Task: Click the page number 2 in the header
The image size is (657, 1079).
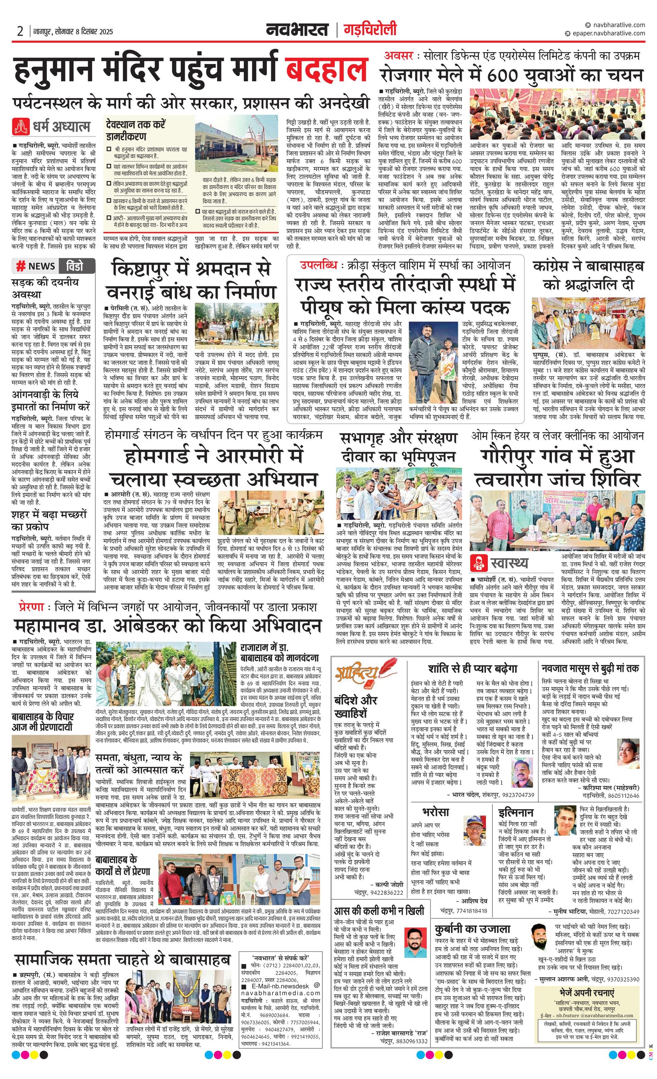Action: [x=20, y=32]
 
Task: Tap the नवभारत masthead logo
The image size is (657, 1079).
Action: [x=297, y=30]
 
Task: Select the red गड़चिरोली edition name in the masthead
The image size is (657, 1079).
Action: [x=370, y=30]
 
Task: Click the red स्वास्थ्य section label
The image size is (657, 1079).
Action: [x=509, y=563]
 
